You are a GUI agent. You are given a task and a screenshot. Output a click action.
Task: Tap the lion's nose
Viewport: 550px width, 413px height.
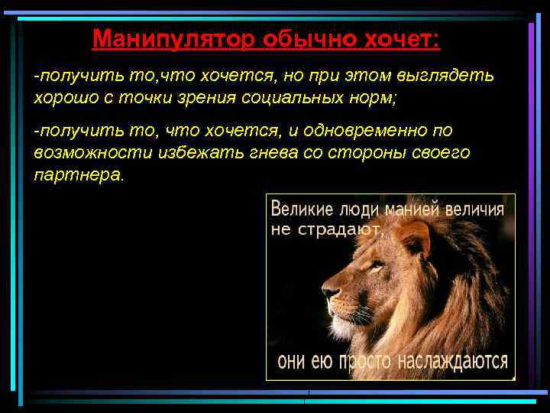tap(328, 292)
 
